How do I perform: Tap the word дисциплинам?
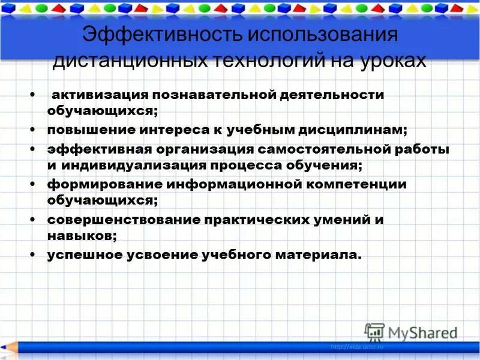tap(347, 130)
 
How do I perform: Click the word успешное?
tap(83, 254)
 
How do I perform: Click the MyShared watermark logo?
tap(411, 332)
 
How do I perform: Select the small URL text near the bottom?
tap(357, 347)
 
